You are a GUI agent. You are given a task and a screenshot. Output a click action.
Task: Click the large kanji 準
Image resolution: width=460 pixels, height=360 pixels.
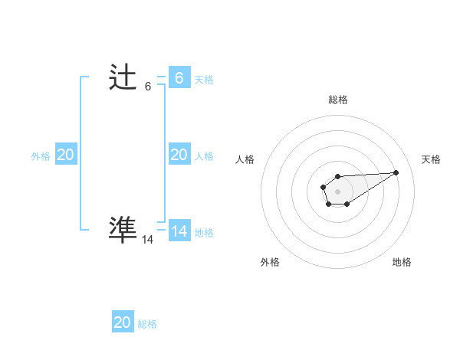pos(123,229)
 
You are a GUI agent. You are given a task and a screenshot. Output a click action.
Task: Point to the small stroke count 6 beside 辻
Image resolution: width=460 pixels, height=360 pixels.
pos(148,87)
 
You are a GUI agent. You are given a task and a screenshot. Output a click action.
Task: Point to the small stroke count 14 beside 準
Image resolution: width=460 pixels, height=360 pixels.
pos(148,239)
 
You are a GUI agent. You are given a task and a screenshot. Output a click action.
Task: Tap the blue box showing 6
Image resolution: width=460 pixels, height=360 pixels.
pos(179,77)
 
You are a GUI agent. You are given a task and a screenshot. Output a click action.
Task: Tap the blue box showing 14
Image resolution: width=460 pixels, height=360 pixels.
pos(179,231)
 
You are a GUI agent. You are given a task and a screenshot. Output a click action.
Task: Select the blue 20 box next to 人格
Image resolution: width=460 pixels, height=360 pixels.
pos(179,155)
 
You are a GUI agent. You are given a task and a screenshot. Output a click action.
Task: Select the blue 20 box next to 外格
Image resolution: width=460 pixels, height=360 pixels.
pos(66,155)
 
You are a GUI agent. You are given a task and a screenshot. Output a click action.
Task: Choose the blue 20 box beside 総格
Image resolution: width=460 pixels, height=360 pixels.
pos(123,322)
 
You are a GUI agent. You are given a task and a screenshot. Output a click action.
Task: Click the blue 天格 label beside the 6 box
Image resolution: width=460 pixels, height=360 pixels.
pos(204,79)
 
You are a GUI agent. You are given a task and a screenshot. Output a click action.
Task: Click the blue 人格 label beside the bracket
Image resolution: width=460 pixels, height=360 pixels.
pos(204,155)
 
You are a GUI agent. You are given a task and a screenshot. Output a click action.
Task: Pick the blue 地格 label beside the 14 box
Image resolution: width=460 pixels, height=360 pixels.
pos(204,232)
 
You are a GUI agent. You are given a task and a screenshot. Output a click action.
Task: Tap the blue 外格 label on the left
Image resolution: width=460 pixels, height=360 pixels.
pos(41,155)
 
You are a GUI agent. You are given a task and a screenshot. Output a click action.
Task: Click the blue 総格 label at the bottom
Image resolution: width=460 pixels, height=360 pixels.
pos(147,324)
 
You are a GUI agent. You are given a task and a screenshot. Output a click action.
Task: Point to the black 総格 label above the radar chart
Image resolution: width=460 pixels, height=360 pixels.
pos(338,100)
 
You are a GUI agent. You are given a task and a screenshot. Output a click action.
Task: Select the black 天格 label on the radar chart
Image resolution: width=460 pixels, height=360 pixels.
pos(431,159)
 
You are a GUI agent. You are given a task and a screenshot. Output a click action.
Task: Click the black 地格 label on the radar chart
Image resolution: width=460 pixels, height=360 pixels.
pos(402,262)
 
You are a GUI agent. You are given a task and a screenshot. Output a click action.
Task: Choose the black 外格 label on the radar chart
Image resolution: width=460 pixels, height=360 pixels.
pos(270,262)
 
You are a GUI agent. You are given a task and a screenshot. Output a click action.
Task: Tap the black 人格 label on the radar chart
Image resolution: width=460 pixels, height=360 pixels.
pos(245,159)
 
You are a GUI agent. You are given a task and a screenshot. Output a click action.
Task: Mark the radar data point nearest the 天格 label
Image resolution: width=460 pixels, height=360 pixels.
pos(396,172)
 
